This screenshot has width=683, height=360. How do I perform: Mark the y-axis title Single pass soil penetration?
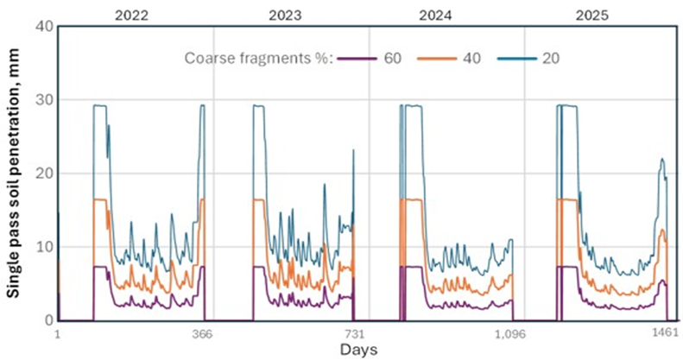[x=15, y=173]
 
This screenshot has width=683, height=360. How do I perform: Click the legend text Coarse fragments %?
[x=258, y=59]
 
